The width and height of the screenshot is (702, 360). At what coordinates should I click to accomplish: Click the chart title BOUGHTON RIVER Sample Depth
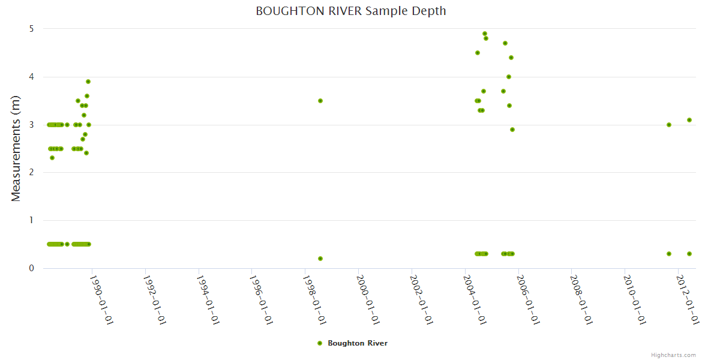350,11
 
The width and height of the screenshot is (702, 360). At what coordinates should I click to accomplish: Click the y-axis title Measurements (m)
16,148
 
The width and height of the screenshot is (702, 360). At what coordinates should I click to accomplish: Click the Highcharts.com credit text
673,355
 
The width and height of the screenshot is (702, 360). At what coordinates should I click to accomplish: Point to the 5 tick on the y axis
31,29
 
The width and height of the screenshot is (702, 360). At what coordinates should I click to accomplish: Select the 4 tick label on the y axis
31,77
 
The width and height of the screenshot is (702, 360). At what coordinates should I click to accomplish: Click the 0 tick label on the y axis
31,268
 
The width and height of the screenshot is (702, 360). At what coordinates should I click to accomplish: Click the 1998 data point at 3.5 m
320,101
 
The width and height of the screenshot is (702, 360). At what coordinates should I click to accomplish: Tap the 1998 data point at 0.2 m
320,259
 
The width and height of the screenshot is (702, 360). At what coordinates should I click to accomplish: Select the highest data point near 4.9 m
485,34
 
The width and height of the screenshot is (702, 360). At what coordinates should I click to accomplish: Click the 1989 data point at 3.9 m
88,82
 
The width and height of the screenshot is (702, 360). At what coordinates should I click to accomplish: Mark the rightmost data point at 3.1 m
689,120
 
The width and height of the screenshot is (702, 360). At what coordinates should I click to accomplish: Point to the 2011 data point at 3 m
669,125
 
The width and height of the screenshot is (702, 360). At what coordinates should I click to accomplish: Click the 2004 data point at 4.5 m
478,53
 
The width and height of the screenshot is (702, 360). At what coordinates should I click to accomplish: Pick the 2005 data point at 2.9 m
512,130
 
